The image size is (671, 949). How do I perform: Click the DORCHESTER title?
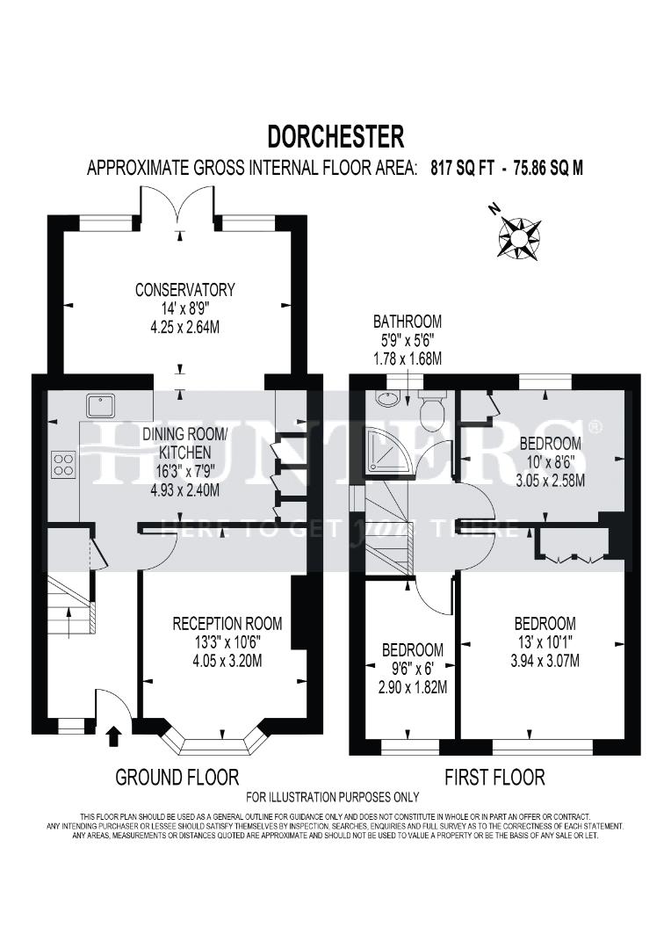335,136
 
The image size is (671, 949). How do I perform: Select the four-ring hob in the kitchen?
63,463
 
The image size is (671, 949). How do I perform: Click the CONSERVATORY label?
184,289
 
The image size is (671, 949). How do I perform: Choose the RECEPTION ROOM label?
227,623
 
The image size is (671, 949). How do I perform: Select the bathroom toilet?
432,410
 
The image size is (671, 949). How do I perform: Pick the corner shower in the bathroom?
386,450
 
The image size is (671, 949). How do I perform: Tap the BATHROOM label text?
407,322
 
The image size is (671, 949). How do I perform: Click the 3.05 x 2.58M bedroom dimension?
550,481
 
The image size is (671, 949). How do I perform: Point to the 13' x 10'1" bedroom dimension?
545,642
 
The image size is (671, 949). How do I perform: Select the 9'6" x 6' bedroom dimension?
412,669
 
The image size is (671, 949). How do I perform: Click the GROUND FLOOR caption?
177,777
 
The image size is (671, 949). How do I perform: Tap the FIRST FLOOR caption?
494,777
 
